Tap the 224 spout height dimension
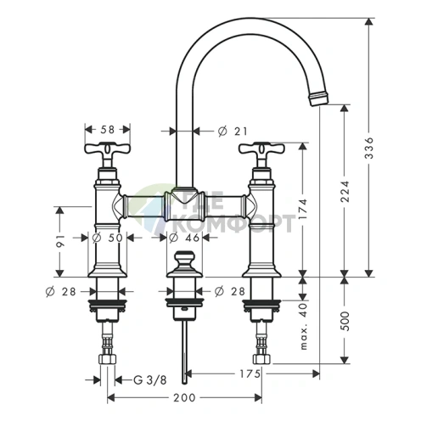point(345,191)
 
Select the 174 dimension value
point(303,209)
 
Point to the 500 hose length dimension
point(345,321)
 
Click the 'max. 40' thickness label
point(303,326)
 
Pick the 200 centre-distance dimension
point(184,397)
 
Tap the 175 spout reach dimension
point(250,373)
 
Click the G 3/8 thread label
point(150,380)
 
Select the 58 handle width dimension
point(108,130)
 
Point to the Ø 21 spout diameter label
point(233,131)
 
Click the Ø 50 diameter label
point(108,238)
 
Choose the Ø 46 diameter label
point(184,238)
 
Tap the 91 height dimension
point(60,240)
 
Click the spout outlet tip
point(320,98)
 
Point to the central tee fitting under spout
point(185,204)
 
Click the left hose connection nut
point(108,359)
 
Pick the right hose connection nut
point(261,359)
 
